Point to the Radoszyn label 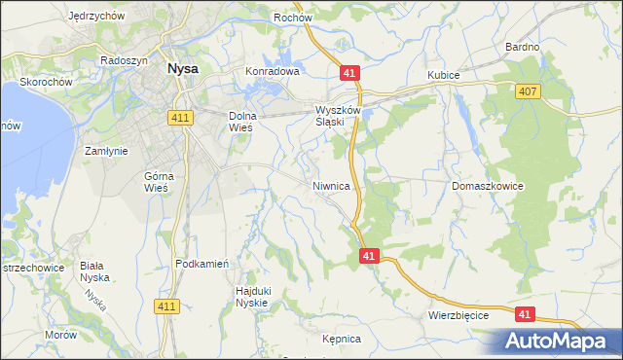pos(124,59)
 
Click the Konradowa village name pos(272,72)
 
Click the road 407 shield pos(526,90)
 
